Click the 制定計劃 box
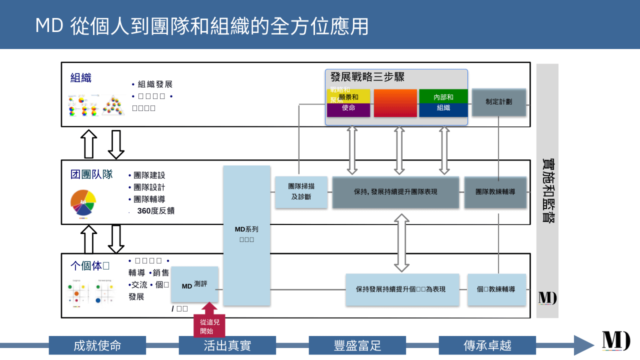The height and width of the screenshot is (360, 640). (x=498, y=102)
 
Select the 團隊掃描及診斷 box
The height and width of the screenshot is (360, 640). (x=301, y=192)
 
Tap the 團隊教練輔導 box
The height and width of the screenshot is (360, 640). (x=495, y=192)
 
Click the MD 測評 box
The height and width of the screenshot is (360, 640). (x=194, y=285)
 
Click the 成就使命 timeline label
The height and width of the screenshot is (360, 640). (x=97, y=345)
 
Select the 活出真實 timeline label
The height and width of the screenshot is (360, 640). (x=227, y=345)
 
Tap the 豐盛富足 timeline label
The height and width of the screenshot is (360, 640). (x=357, y=345)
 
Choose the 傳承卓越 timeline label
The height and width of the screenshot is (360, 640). (x=487, y=345)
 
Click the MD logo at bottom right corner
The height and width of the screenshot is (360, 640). (x=616, y=341)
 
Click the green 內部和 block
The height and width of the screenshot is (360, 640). (x=443, y=96)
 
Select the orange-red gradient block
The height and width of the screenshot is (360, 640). (x=395, y=103)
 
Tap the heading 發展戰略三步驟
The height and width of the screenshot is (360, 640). (x=367, y=77)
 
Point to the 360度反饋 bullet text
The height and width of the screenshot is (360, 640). (x=155, y=211)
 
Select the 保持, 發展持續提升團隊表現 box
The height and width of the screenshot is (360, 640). (x=395, y=192)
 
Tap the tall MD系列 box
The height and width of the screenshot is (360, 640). (x=246, y=235)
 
